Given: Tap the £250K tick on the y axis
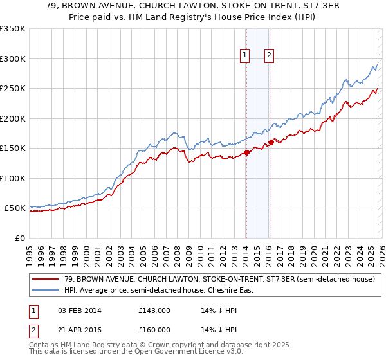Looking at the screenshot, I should coord(13,89).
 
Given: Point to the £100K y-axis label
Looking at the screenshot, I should coord(13,178).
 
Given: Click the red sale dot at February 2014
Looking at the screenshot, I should coord(246,153).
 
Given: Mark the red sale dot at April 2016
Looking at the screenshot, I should coord(271,143).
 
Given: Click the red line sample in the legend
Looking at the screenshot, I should coord(46,279).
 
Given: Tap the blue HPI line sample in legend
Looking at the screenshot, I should coord(46,290).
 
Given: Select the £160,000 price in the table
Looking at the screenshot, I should coord(154,330).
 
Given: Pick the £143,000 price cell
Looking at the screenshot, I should coord(154,310).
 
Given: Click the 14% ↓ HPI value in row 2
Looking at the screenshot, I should coord(214,330).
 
